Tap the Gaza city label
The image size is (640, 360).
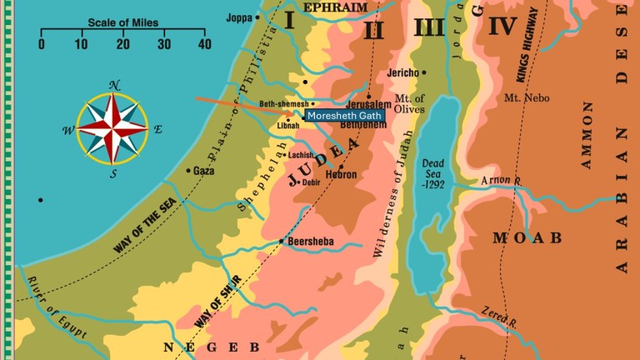[203, 171]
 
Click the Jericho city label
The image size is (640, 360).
[405, 73]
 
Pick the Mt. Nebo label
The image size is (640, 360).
[522, 98]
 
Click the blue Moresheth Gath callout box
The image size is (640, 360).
[345, 116]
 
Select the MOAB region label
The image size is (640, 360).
[527, 237]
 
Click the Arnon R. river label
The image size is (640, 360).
[501, 180]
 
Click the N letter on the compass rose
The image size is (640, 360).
[115, 85]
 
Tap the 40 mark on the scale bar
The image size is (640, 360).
[204, 44]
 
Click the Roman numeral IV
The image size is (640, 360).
[502, 27]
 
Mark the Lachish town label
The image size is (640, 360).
[300, 155]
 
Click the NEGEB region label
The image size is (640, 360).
[212, 347]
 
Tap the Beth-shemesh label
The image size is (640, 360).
[283, 104]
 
